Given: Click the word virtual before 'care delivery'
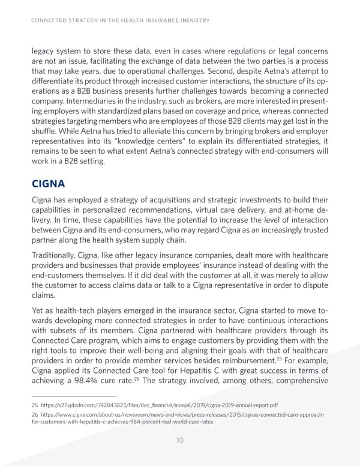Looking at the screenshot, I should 208,210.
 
